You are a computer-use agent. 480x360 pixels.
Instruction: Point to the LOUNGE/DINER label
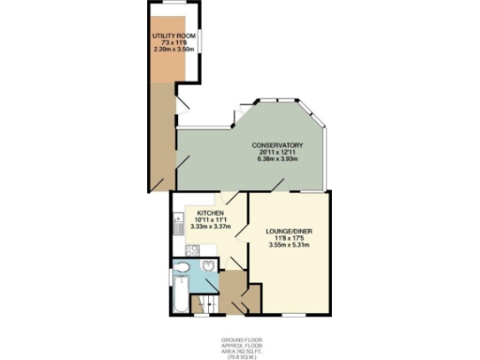point(283,232)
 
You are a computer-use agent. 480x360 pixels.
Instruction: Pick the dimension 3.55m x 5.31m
point(283,246)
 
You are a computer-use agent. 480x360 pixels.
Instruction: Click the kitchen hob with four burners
point(191,250)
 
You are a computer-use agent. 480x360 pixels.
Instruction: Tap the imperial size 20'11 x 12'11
point(277,152)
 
